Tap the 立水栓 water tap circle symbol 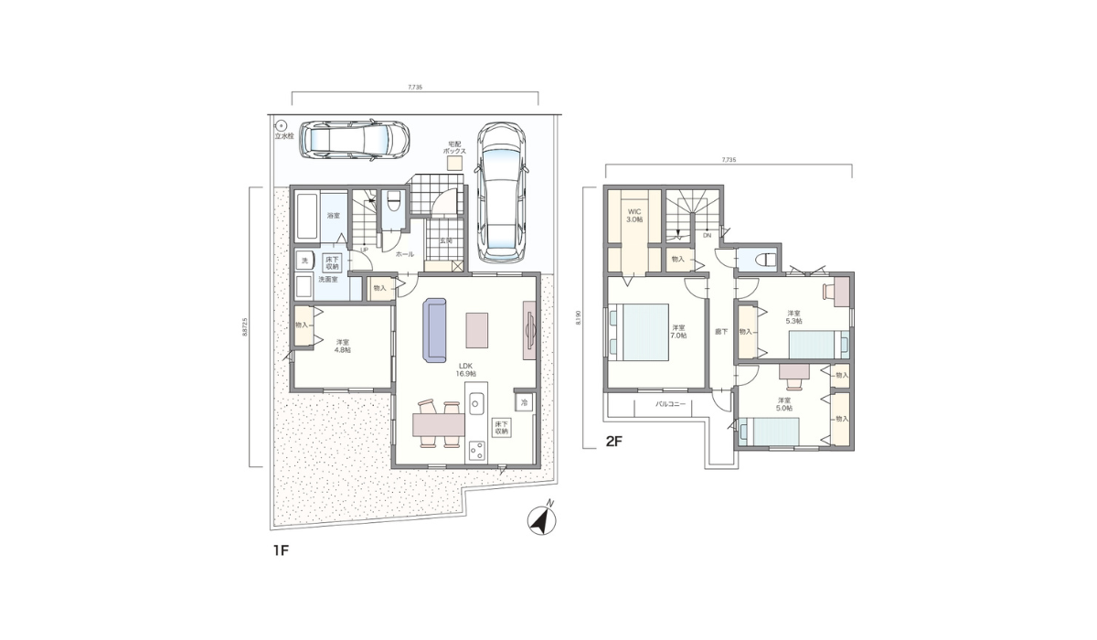click(282, 126)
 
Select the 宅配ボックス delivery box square click(454, 162)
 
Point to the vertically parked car click(500, 190)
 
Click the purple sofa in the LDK click(434, 329)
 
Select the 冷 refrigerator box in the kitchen click(524, 401)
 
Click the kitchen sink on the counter click(476, 402)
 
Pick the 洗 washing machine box click(304, 261)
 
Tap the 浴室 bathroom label click(334, 216)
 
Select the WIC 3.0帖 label click(634, 216)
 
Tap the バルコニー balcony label click(671, 402)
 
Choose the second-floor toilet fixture click(762, 260)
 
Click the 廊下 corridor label click(720, 331)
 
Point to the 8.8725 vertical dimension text click(245, 327)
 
